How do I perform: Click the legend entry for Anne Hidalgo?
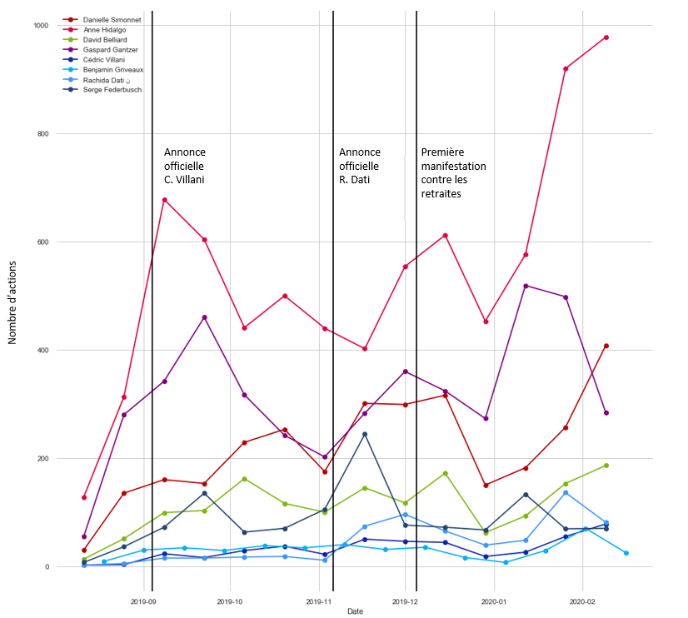[104, 29]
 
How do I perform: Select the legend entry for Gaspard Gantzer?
[110, 49]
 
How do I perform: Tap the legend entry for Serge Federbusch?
[112, 89]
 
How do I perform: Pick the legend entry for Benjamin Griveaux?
[112, 69]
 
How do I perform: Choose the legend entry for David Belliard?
[105, 39]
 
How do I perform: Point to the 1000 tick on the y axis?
[41, 26]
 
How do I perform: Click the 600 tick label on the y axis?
[42, 242]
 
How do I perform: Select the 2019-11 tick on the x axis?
[319, 600]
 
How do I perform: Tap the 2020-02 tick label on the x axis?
[582, 600]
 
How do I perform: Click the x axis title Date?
[355, 611]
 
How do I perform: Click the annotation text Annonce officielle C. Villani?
[184, 166]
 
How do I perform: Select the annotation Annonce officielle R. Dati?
[359, 166]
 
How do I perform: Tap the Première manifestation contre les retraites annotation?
[453, 172]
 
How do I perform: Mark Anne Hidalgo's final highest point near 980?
[606, 37]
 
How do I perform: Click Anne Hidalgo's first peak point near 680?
[164, 200]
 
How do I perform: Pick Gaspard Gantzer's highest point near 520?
[526, 286]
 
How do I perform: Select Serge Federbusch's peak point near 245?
[365, 434]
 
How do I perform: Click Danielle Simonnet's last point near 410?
[606, 346]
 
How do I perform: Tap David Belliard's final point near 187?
[606, 466]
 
